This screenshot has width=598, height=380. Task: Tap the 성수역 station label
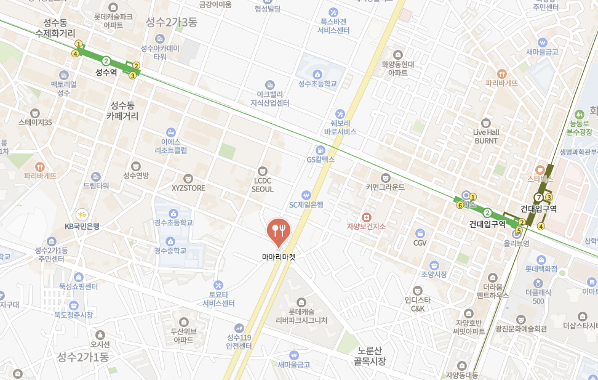106,72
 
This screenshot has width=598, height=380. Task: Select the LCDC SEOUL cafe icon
263,171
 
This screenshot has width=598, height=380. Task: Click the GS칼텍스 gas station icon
320,150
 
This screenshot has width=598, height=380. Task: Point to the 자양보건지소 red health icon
366,217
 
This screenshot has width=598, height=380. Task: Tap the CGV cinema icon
420,233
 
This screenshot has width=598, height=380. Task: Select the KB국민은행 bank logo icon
82,214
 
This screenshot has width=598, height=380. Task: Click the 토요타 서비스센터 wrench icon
218,285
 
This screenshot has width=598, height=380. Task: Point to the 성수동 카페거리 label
122,110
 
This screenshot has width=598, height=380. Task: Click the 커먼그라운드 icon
386,177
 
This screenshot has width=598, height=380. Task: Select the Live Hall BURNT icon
486,123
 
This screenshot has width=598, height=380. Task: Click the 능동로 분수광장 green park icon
579,115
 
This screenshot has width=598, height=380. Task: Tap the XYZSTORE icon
188,178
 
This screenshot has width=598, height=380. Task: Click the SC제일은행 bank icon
306,195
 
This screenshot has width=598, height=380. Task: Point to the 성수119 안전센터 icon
239,328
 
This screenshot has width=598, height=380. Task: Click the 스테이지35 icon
35,113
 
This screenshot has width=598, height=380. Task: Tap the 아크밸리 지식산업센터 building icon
269,84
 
